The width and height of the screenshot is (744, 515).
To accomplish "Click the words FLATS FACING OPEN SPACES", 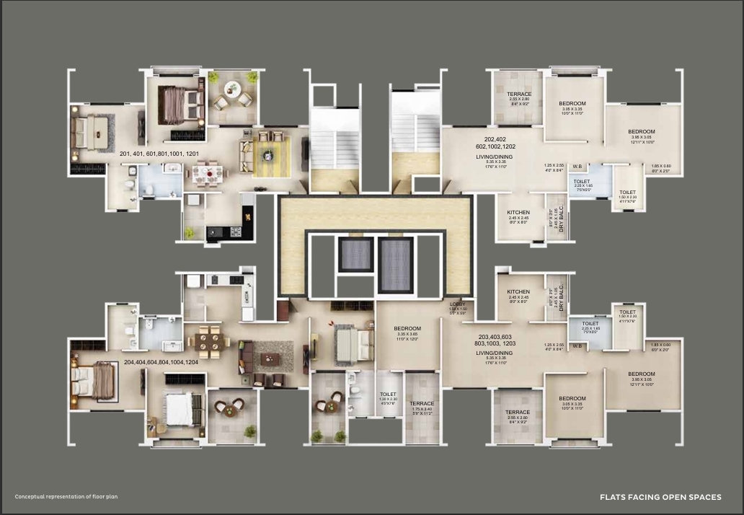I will coord(660,497).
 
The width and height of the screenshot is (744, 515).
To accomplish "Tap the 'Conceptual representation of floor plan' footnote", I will coord(66,497).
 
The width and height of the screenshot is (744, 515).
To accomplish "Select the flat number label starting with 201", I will coord(157,153).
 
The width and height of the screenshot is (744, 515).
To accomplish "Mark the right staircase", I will coord(415,136).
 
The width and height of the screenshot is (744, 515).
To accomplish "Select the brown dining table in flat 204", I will coord(210,340).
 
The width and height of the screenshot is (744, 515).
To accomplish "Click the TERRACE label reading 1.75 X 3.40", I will coord(422,404).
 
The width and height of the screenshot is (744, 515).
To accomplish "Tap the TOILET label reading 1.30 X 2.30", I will coord(388,395).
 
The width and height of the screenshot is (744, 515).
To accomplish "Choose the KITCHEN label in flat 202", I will coord(518,213).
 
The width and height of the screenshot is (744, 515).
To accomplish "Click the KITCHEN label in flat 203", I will coord(518,292).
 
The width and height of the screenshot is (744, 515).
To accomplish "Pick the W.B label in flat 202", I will coord(577,167).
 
